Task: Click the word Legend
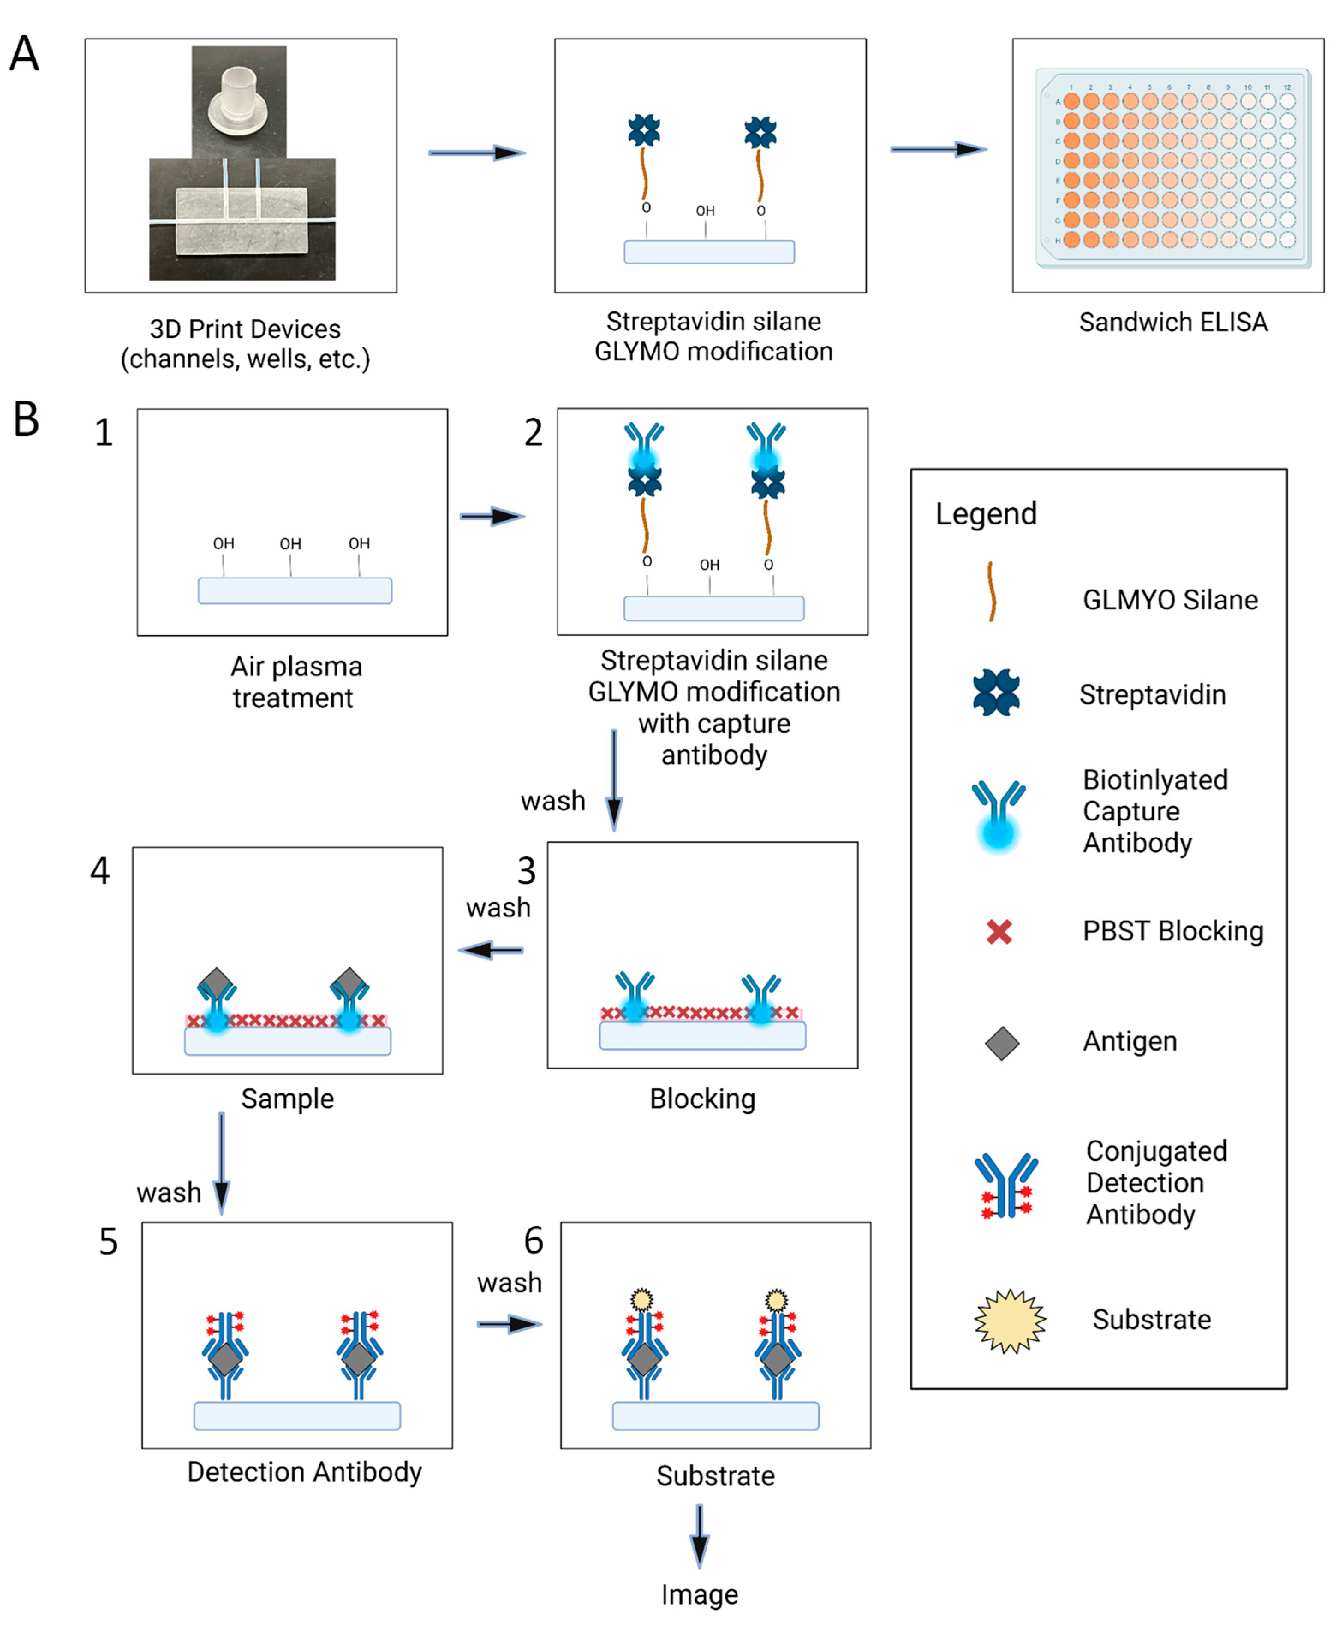(x=986, y=514)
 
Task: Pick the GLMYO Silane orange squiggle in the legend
(x=991, y=592)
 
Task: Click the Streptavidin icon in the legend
(x=996, y=692)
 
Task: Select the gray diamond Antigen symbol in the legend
(x=1002, y=1043)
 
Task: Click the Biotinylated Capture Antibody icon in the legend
(x=998, y=815)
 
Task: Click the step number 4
(x=101, y=871)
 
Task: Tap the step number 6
(x=534, y=1241)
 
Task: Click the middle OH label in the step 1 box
(x=291, y=544)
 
